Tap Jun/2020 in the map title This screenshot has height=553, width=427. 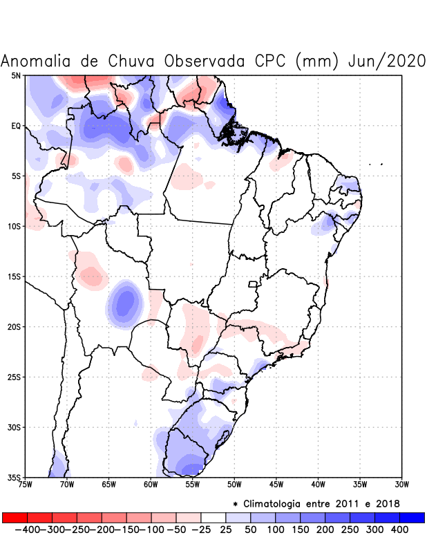387,61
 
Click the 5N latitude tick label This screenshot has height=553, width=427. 15,75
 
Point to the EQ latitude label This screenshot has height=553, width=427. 15,126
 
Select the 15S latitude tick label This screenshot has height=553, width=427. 14,276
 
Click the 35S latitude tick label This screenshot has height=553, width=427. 14,477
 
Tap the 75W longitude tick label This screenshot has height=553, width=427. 25,485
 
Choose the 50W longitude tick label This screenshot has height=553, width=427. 234,485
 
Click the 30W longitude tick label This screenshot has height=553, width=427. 401,485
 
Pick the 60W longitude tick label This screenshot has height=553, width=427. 151,485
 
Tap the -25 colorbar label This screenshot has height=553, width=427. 200,529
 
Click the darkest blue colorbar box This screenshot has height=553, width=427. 412,518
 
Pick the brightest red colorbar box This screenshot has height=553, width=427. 15,518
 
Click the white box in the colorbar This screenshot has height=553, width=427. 213,518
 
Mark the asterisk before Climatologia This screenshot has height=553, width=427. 236,504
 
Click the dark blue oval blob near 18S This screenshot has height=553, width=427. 125,301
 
